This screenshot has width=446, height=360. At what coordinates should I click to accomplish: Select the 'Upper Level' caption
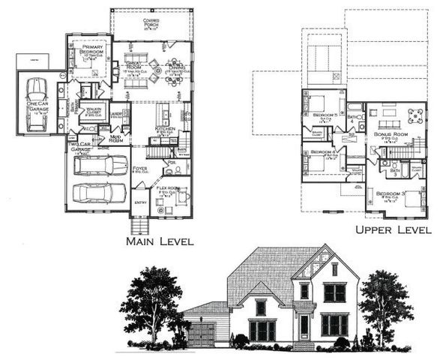coord(393,229)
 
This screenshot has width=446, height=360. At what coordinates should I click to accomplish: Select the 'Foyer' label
coord(140,169)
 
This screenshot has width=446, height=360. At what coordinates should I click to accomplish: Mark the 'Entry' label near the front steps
coord(141,202)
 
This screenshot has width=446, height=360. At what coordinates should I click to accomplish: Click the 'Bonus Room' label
coord(389,134)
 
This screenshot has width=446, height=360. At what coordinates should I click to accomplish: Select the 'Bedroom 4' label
coord(322,151)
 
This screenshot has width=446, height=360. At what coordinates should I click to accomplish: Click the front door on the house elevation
coord(304,328)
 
